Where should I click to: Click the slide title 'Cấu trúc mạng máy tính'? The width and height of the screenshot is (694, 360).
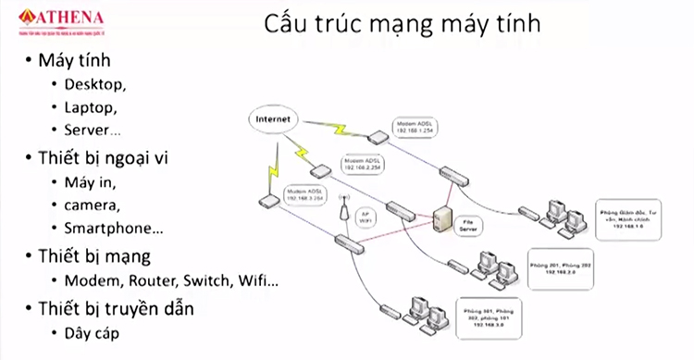pos(403,24)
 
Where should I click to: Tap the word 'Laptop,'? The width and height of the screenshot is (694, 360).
pos(91,106)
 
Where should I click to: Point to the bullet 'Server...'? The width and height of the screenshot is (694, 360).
pos(93,129)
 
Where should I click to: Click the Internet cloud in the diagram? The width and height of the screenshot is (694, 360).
pos(272,120)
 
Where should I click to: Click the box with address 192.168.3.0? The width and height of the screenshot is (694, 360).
pos(491,315)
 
